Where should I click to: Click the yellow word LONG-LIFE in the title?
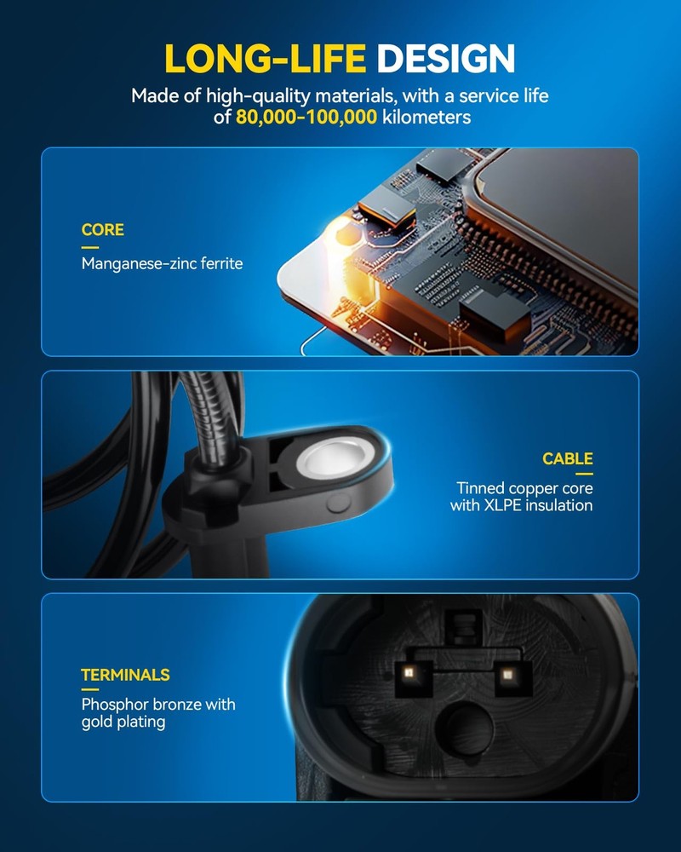click(x=265, y=58)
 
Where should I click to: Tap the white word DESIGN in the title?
click(x=445, y=58)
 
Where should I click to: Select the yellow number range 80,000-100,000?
click(x=306, y=117)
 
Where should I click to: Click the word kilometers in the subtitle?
click(x=426, y=117)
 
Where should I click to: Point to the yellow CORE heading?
click(x=103, y=230)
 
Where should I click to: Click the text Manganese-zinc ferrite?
click(x=162, y=263)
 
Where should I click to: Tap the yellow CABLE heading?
click(x=568, y=459)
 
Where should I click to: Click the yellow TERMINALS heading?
click(x=125, y=675)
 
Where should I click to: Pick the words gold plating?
click(x=123, y=722)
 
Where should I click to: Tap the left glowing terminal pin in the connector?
click(x=410, y=674)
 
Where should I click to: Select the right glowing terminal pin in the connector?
click(x=507, y=675)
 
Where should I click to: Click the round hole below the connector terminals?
click(x=465, y=729)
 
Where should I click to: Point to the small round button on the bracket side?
click(x=338, y=504)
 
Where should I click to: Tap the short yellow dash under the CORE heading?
click(x=90, y=247)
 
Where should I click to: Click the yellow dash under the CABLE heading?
click(x=584, y=474)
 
